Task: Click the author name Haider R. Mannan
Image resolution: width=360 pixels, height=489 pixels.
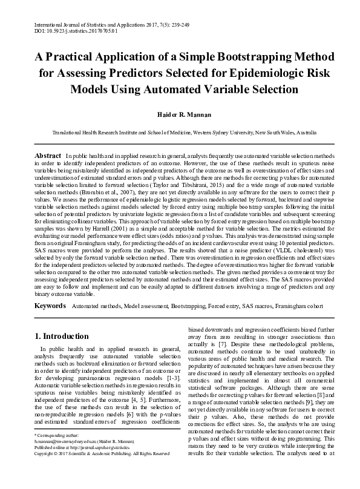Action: coord(180,114)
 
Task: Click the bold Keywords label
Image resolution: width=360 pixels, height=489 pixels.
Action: coord(50,307)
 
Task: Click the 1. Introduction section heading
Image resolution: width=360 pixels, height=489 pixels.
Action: coord(62,336)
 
